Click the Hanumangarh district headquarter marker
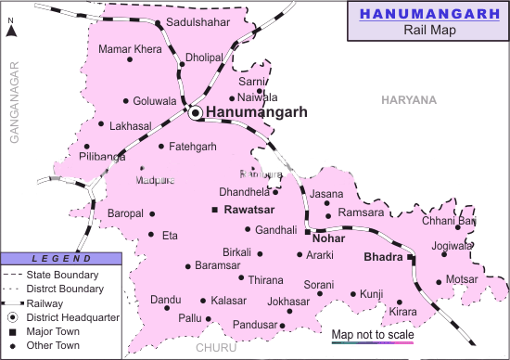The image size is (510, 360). pyautogui.click(x=196, y=113)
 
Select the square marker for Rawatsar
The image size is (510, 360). pyautogui.click(x=215, y=211)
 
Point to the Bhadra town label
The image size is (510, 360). pyautogui.click(x=382, y=254)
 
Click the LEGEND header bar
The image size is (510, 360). pyautogui.click(x=60, y=258)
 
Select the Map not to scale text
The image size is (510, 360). pyautogui.click(x=372, y=334)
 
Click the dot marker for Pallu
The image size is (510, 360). pyautogui.click(x=209, y=319)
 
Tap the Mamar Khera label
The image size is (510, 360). pyautogui.click(x=130, y=47)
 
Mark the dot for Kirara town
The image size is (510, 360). pyautogui.click(x=400, y=302)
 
